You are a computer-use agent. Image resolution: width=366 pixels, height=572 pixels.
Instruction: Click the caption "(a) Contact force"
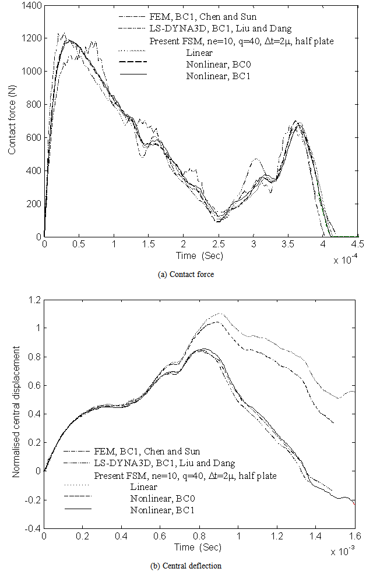(x=186, y=275)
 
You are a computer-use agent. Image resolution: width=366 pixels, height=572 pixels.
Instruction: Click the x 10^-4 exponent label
(x=348, y=260)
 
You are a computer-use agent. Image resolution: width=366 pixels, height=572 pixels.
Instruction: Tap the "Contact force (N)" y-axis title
(x=12, y=121)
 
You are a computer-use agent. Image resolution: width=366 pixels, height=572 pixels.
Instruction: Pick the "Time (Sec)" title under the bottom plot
(x=199, y=548)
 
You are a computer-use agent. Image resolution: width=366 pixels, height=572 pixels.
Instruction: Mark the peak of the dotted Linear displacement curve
(x=220, y=314)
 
